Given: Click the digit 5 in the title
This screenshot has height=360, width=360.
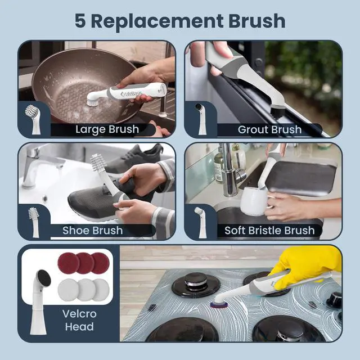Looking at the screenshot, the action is tap(80, 21).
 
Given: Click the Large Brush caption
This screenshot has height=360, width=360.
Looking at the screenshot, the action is tap(107, 129).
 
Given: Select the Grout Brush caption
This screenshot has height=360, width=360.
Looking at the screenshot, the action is tap(269, 130).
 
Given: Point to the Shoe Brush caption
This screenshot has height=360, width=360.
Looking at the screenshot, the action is tap(92, 230).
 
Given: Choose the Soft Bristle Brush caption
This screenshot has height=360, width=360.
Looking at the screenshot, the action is tap(269, 230).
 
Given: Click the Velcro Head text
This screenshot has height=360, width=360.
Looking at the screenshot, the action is tap(79, 320).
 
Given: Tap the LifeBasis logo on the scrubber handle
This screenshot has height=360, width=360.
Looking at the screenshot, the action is tap(131, 94).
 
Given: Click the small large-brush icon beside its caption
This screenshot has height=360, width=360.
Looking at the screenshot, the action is tap(34, 119).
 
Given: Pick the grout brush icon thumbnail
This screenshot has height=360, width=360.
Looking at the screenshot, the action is tap(201, 119).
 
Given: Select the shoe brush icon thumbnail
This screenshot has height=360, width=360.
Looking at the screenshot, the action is tap(34, 222).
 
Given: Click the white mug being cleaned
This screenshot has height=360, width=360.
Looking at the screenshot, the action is tap(254, 201).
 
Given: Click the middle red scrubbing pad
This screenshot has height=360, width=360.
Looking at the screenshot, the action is tap(84, 263).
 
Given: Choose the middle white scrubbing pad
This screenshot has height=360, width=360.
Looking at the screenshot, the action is tap(86, 290).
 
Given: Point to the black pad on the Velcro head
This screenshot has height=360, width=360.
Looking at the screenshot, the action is tap(44, 278).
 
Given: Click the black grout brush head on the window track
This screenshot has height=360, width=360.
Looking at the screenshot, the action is tap(278, 111).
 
